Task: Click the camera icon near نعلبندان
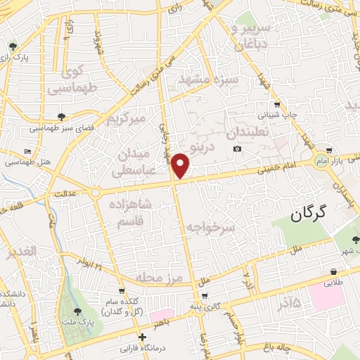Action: click(x=238, y=149)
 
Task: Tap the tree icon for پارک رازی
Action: click(x=13, y=47)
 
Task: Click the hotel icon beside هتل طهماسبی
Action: click(x=27, y=152)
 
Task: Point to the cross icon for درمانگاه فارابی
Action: click(x=143, y=336)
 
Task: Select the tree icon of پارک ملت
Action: click(x=77, y=310)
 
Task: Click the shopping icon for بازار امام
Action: click(x=328, y=150)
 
